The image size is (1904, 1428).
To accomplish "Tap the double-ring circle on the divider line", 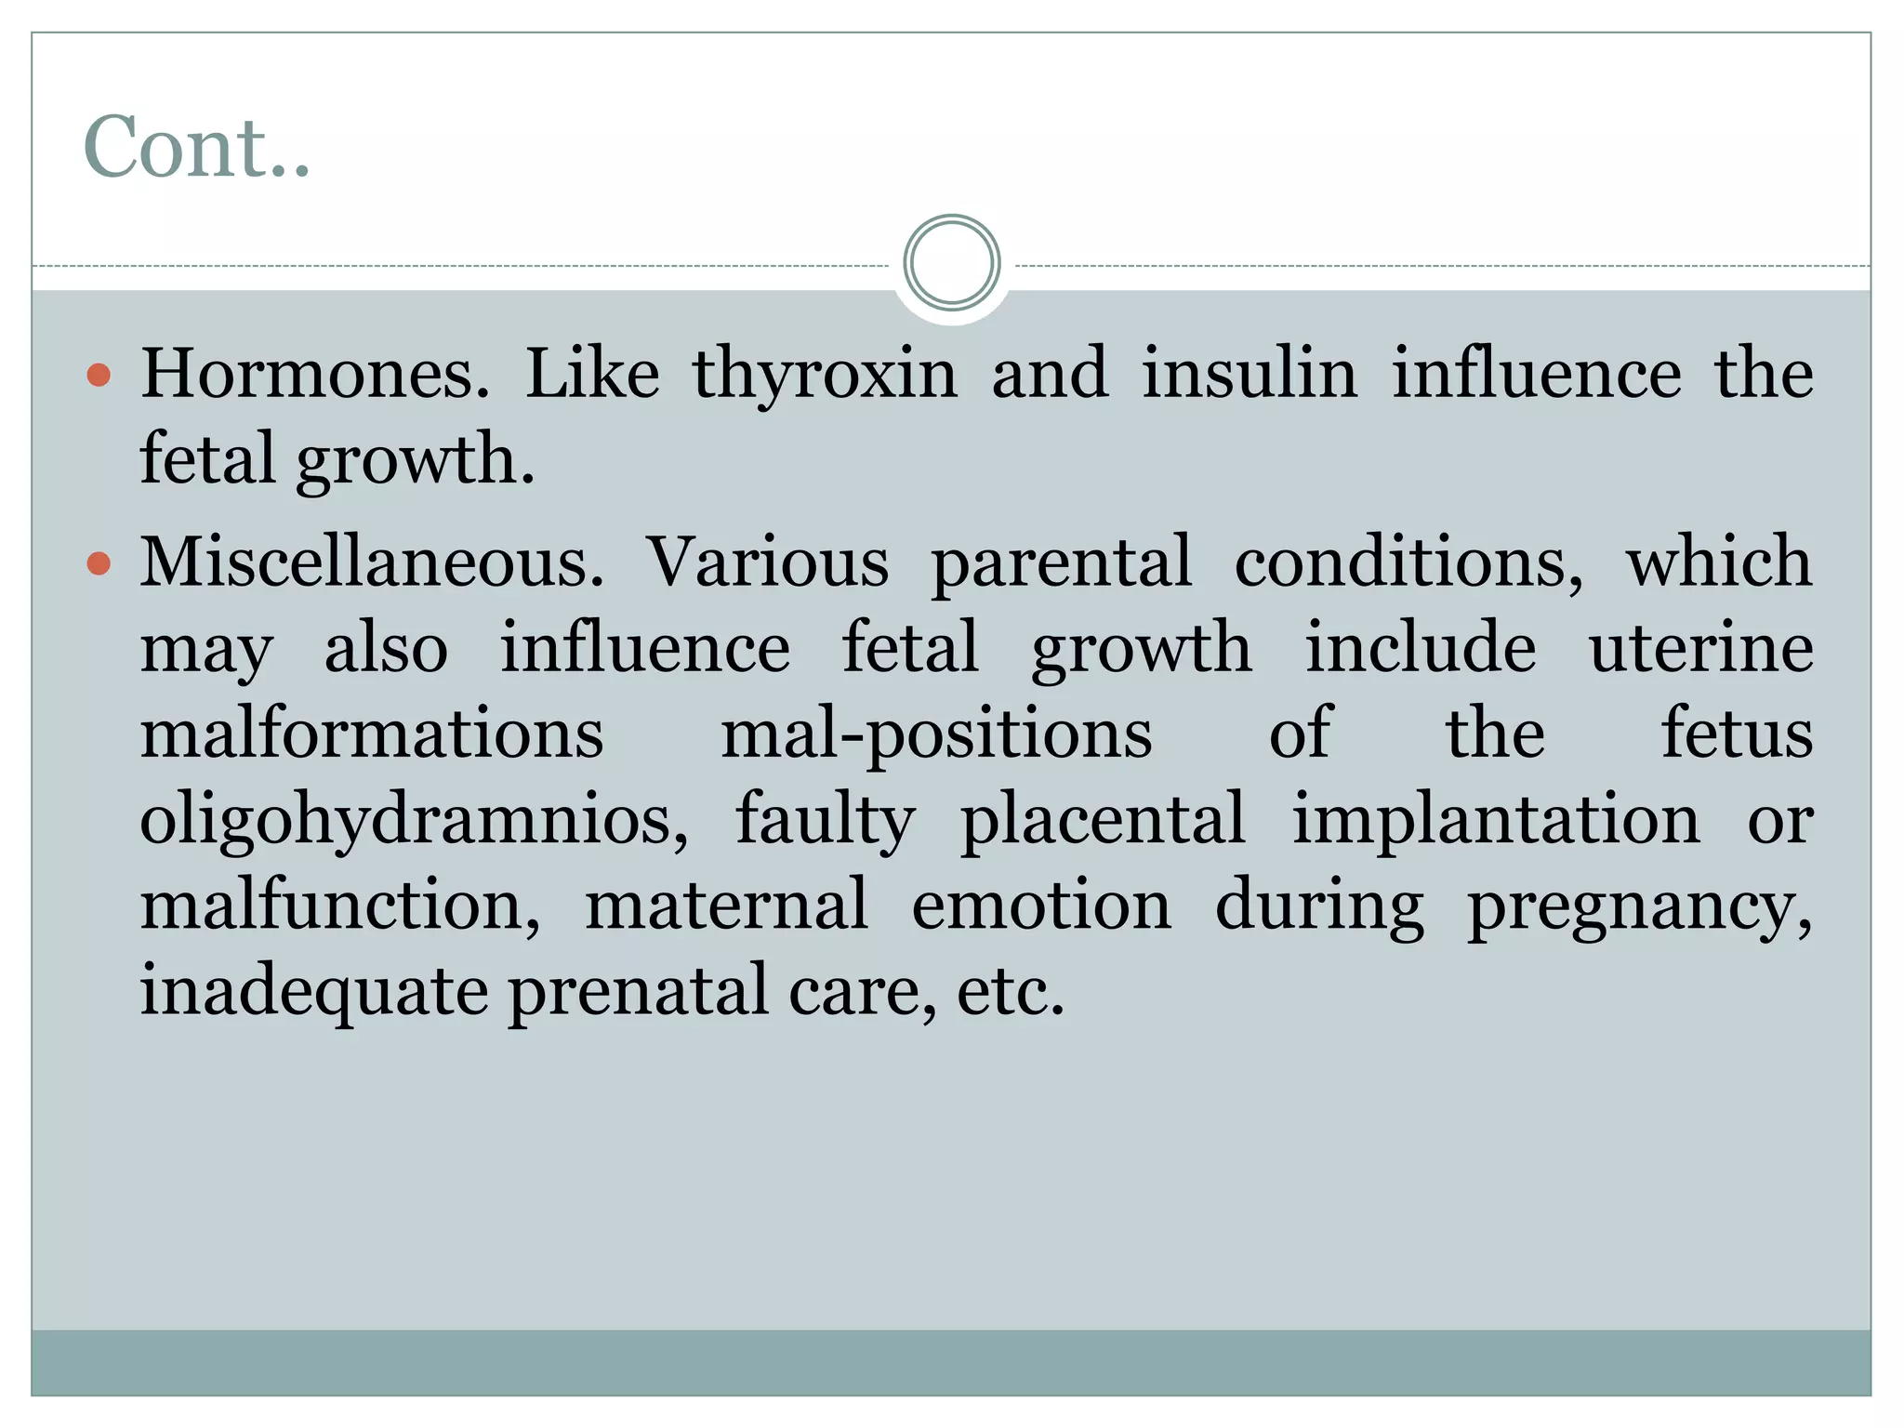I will (x=951, y=263).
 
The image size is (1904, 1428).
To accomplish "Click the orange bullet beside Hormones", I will (x=99, y=376).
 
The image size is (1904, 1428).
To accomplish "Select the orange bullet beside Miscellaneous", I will (x=99, y=563).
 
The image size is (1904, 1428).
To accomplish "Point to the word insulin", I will (x=1249, y=374).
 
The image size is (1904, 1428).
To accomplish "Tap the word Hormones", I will (x=314, y=374).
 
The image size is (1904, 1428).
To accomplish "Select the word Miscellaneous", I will (x=372, y=562).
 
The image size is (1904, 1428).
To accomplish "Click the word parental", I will (x=1061, y=563).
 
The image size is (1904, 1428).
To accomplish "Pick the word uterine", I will (x=1700, y=648).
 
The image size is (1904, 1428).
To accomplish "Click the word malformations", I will (x=372, y=734).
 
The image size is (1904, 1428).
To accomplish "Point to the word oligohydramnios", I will (x=414, y=821).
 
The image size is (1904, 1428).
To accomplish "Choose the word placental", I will (x=1103, y=820).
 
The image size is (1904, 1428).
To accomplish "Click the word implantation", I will (x=1496, y=821).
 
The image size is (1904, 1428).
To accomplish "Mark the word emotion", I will (x=1041, y=906).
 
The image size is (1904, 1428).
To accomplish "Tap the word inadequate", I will (x=314, y=992).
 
